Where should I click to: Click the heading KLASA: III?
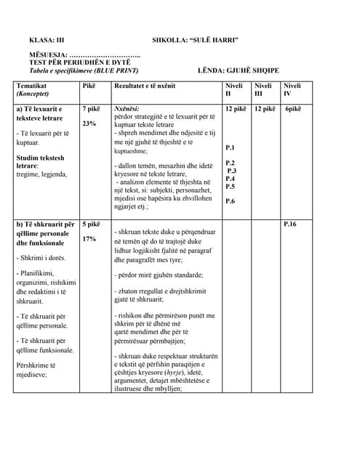pyautogui.click(x=47, y=41)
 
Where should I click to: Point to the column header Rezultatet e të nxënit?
pyautogui.click(x=145, y=86)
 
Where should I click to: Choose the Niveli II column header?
pyautogui.click(x=233, y=89)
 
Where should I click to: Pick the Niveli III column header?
pyautogui.click(x=262, y=89)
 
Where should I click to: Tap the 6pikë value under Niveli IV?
pyautogui.click(x=294, y=109)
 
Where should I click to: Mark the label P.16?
pyautogui.click(x=290, y=225)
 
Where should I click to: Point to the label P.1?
pyautogui.click(x=231, y=147)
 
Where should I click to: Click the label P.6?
pyautogui.click(x=231, y=201)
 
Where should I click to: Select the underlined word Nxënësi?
pyautogui.click(x=127, y=109)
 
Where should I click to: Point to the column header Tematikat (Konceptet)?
pyautogui.click(x=36, y=89)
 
